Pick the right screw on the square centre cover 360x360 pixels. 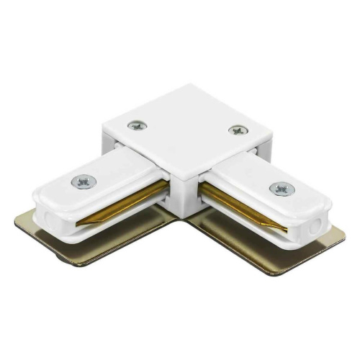click(x=236, y=130)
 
